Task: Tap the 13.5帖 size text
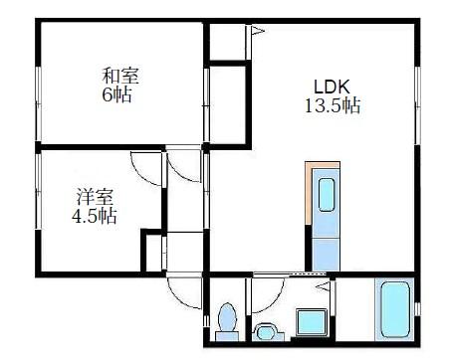(x=333, y=105)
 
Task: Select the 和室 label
(x=117, y=76)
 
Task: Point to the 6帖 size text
(x=118, y=95)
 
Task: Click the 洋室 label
(x=91, y=195)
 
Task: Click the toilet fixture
(x=226, y=320)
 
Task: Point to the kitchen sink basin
(x=327, y=195)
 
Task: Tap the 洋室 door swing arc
(x=144, y=170)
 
